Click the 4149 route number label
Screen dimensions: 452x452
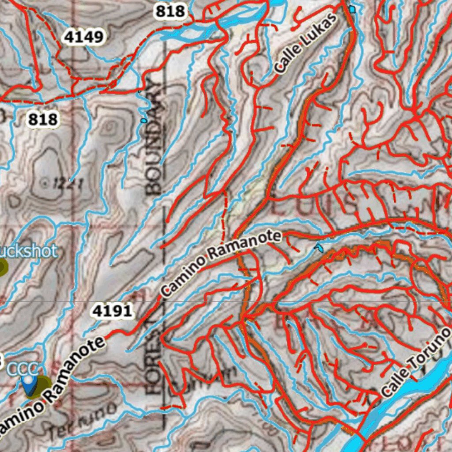pos(83,37)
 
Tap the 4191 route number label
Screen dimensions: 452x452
pos(112,311)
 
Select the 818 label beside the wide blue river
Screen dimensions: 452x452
pos(170,11)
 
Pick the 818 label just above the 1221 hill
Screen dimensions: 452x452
pos(43,119)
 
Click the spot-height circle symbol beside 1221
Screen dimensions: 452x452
pos(45,181)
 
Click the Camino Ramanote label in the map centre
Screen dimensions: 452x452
pos(220,264)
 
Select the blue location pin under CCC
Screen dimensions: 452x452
pos(29,385)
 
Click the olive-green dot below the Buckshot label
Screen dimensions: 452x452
pos(3,267)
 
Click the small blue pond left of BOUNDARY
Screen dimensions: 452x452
pos(143,120)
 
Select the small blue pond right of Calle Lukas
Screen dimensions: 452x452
pos(352,9)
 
